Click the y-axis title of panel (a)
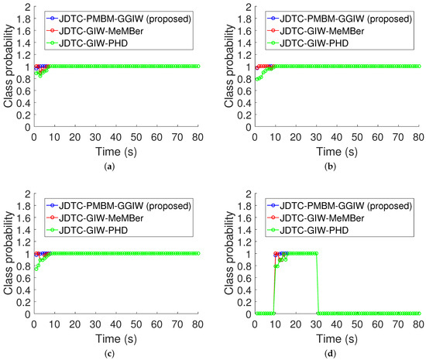(7, 67)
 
